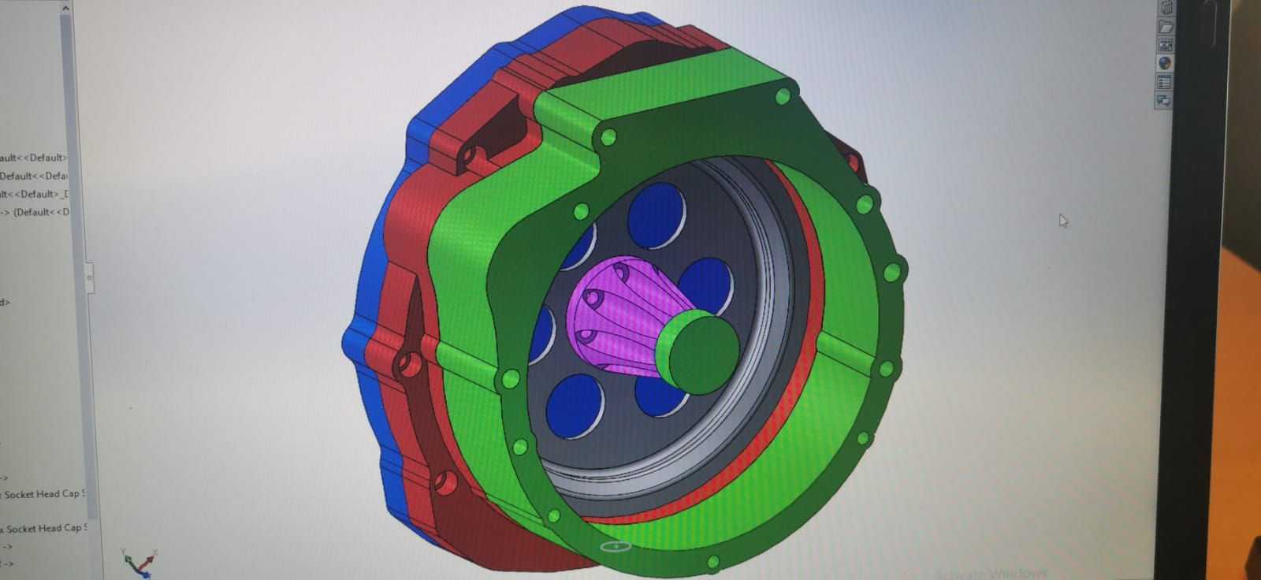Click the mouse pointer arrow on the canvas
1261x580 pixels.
1063,221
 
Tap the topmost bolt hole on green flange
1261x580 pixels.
783,97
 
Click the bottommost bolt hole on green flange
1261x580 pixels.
712,563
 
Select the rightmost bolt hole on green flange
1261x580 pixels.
891,273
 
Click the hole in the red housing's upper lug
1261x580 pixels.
471,155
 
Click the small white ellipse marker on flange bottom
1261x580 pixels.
616,545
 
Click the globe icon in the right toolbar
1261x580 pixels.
1165,63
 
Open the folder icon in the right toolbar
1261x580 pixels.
1165,27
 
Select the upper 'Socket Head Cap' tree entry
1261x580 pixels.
43,494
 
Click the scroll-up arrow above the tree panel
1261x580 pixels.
65,9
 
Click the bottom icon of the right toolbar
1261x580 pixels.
1164,100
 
